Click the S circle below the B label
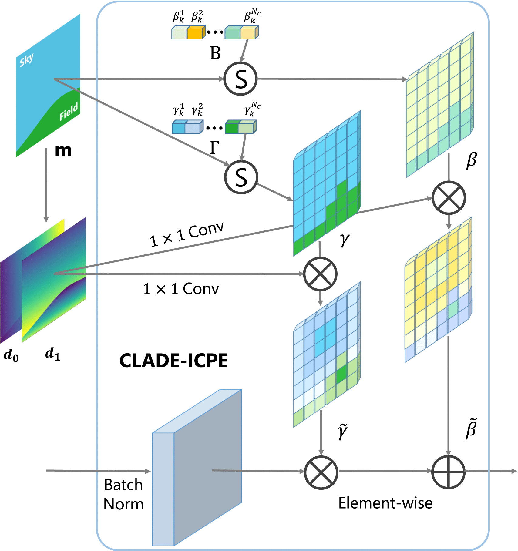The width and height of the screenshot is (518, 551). click(240, 79)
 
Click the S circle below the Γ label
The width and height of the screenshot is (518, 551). click(241, 177)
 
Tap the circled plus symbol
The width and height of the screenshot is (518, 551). click(448, 472)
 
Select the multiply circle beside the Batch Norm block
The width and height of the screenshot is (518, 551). click(321, 472)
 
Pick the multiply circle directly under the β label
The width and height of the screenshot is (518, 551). click(449, 198)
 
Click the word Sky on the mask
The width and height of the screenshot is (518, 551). click(27, 60)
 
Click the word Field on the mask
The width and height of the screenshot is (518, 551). click(69, 111)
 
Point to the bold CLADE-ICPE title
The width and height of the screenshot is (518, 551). click(173, 361)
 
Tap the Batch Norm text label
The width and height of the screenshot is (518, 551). click(123, 494)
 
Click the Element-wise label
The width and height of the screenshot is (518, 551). click(385, 503)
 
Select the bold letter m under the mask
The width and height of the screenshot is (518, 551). click(63, 150)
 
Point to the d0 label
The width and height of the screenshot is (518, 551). click(11, 355)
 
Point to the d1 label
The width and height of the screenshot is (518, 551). click(53, 354)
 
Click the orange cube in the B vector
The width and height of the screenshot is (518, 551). click(195, 33)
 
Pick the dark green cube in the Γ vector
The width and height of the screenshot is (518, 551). click(232, 127)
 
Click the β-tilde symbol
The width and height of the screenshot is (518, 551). click(471, 428)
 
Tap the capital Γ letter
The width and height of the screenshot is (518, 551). click(215, 148)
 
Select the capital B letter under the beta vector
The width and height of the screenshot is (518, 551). click(215, 53)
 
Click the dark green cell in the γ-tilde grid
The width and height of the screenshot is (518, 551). click(341, 374)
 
